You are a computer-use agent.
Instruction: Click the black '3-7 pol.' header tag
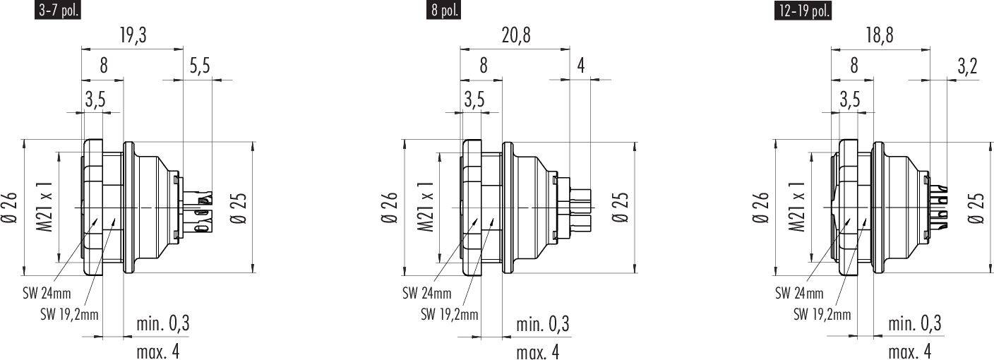pos(58,9)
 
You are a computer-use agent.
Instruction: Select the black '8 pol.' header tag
pos(443,10)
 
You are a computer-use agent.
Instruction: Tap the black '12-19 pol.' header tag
pos(803,10)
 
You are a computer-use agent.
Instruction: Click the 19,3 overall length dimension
pos(133,35)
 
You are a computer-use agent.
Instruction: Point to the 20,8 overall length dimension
pos(516,35)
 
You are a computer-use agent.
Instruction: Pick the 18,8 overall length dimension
pos(880,35)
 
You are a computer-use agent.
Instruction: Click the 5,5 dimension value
pos(200,66)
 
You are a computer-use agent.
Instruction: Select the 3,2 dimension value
pos(967,66)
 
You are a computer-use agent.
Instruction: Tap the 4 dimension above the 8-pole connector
pos(581,66)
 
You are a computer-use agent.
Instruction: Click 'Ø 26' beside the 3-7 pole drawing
pos(9,208)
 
